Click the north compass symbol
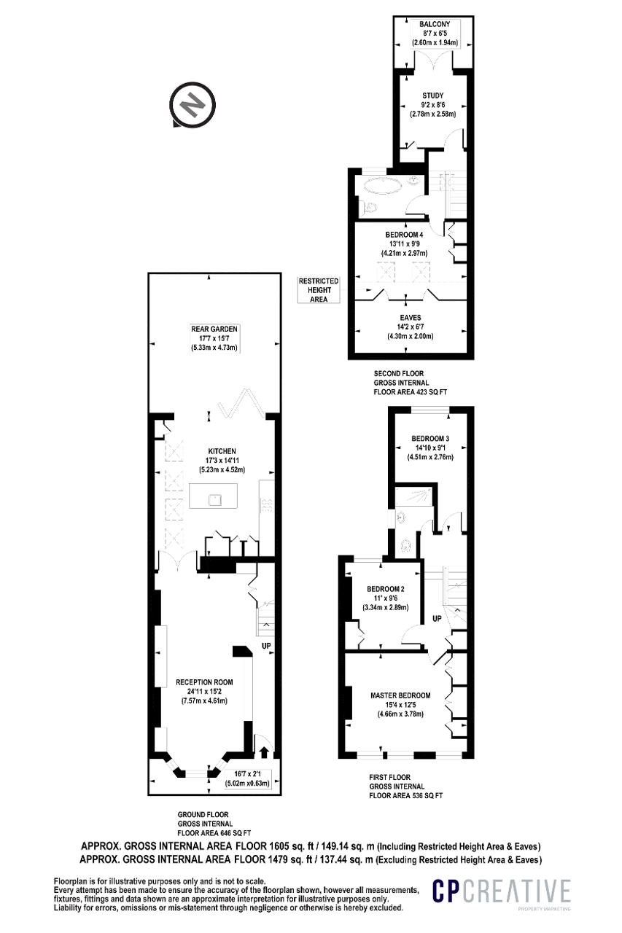pyautogui.click(x=192, y=104)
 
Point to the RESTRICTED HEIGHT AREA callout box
pyautogui.click(x=319, y=290)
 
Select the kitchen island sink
pyautogui.click(x=215, y=499)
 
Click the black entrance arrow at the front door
pyautogui.click(x=264, y=752)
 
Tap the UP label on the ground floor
pyautogui.click(x=266, y=646)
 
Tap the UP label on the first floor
pyautogui.click(x=437, y=619)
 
